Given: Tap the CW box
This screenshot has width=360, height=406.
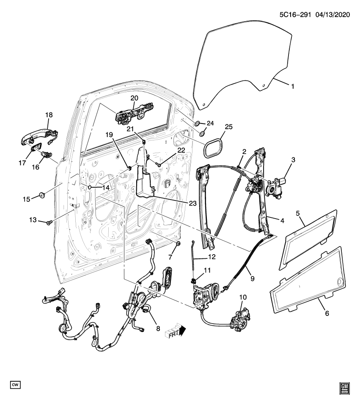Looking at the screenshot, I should [16, 384].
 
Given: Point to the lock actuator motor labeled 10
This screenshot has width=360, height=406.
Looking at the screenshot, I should [240, 318].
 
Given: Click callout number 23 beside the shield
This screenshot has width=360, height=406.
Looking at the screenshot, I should [192, 203].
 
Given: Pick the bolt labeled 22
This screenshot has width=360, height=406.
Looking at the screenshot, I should [158, 163].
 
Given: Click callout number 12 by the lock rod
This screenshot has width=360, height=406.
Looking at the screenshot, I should [212, 256].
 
